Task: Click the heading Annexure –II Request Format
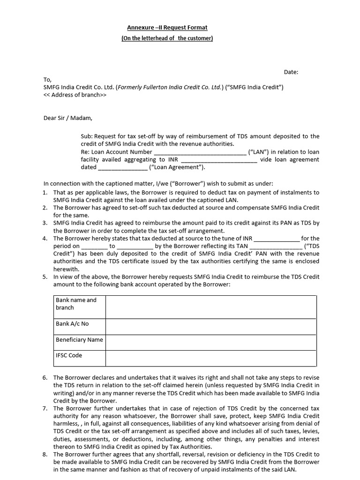pyautogui.click(x=167, y=28)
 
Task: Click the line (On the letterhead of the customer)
pyautogui.click(x=167, y=38)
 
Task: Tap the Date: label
pyautogui.click(x=291, y=72)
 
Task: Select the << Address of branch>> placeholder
pyautogui.click(x=75, y=95)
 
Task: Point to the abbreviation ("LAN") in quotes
pyautogui.click(x=258, y=152)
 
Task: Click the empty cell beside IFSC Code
pyautogui.click(x=211, y=359)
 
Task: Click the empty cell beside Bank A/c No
pyautogui.click(x=211, y=327)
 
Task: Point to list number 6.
pyautogui.click(x=45, y=377)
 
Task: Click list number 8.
pyautogui.click(x=45, y=454)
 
